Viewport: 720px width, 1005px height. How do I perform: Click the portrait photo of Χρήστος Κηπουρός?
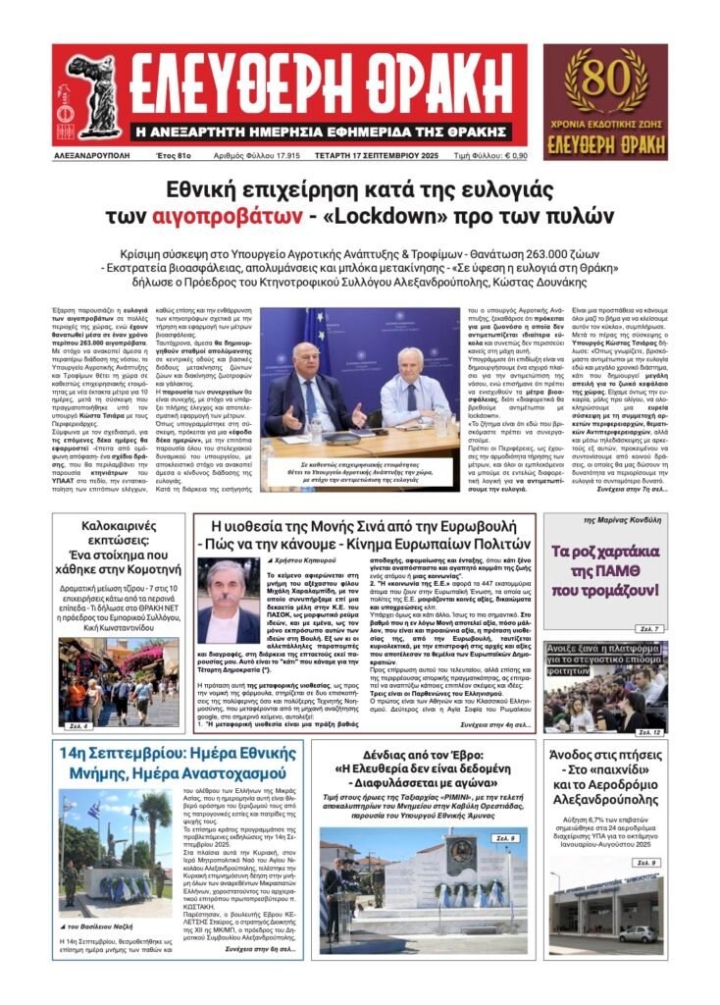[228, 601]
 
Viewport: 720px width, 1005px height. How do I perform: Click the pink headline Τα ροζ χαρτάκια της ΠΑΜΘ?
[604, 570]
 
